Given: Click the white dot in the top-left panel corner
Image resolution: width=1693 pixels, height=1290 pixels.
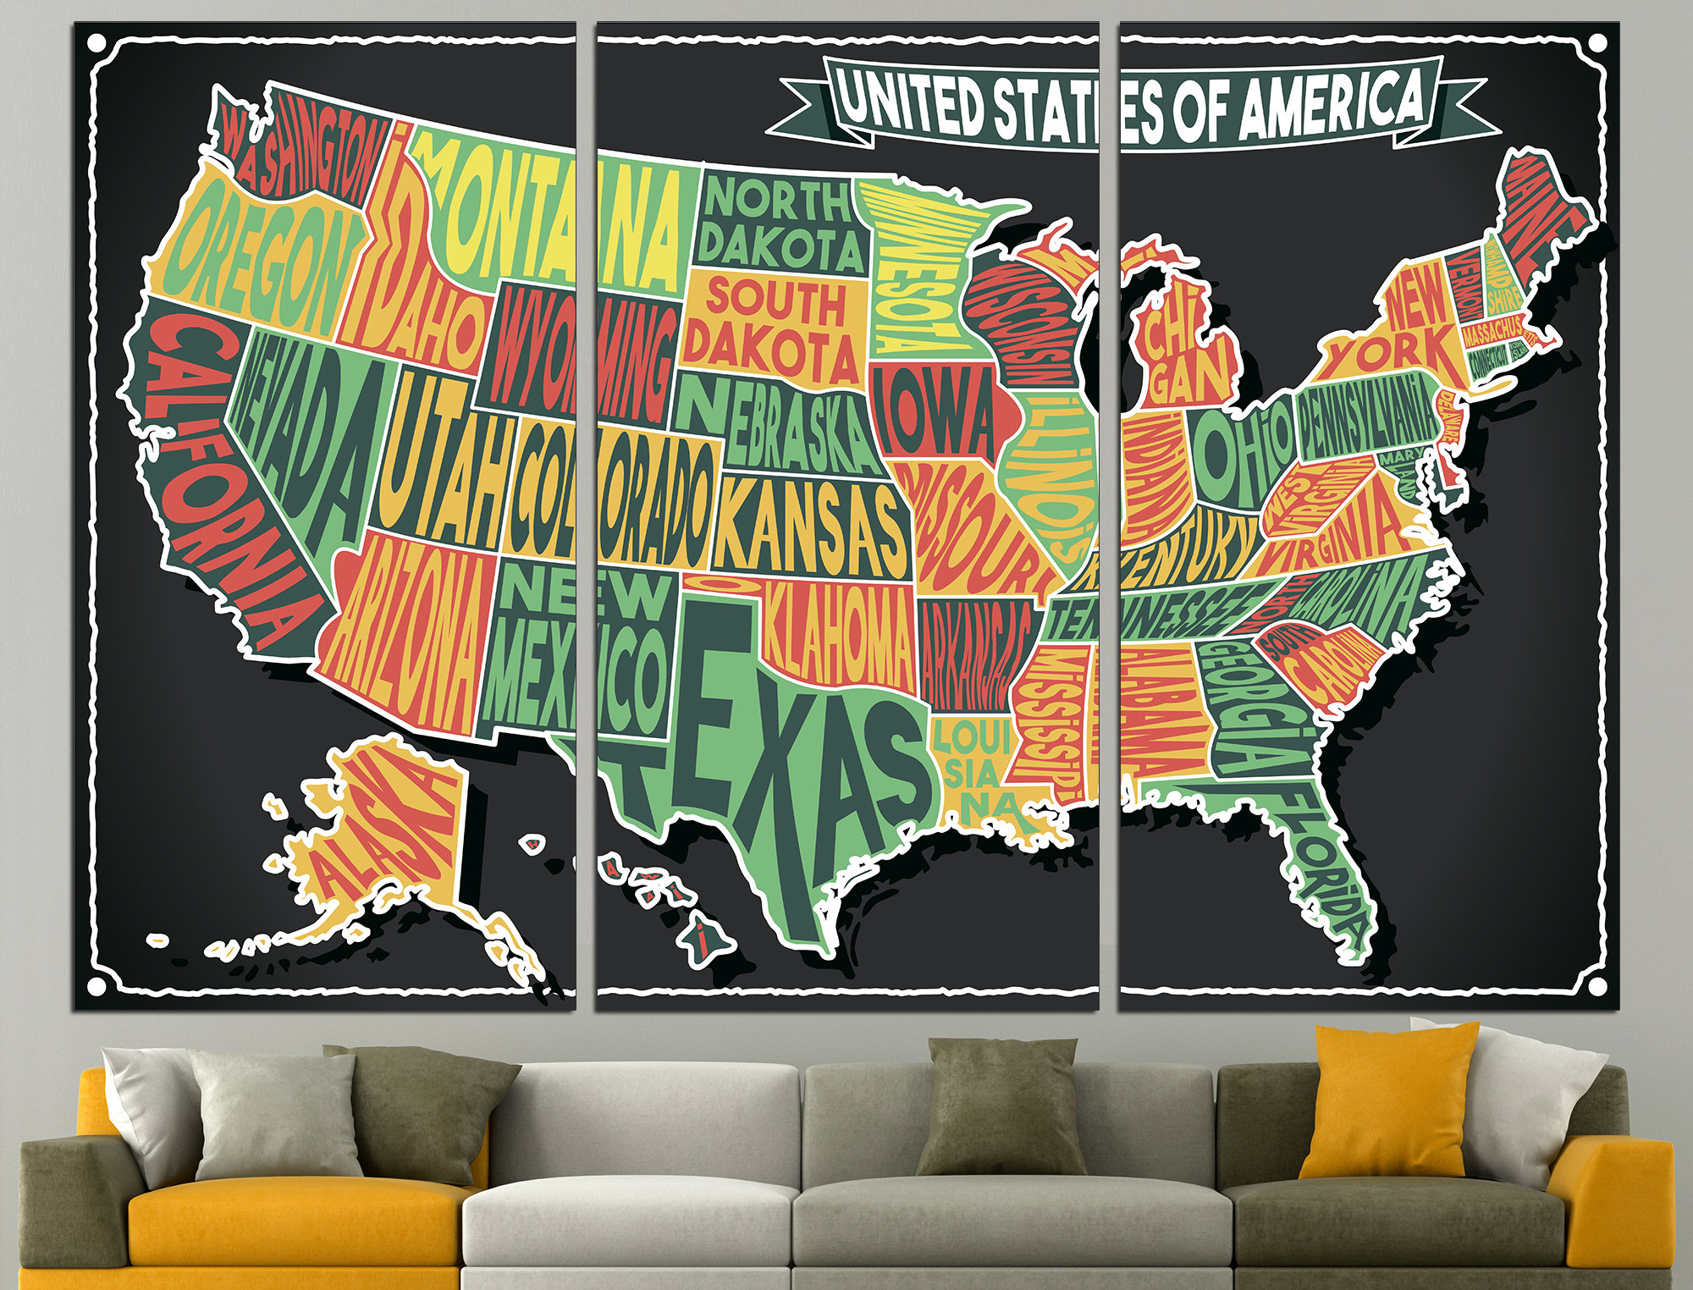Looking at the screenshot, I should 97,42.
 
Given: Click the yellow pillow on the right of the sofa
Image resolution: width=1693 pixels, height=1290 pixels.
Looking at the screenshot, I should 1388,1100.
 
